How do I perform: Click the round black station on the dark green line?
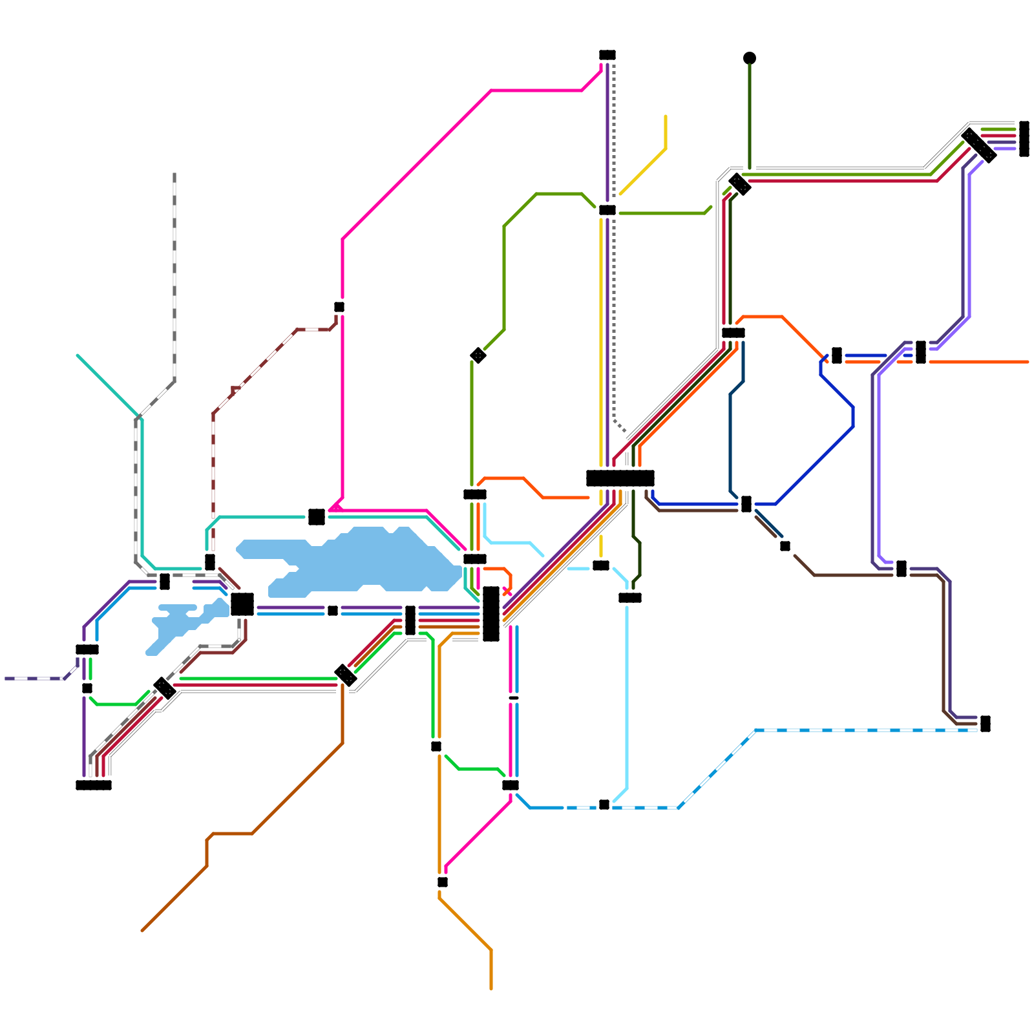[x=750, y=58]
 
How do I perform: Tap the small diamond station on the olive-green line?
[x=478, y=355]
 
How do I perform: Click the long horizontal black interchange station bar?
[x=620, y=478]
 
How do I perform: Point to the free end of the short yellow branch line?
[x=666, y=116]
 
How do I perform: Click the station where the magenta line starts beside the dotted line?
[x=607, y=55]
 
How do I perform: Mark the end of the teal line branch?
[x=78, y=355]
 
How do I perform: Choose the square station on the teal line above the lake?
[x=317, y=517]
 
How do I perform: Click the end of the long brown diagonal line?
[x=142, y=931]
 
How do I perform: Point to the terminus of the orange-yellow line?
[x=491, y=989]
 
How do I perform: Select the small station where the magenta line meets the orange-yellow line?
[x=443, y=882]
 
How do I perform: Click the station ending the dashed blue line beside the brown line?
[x=986, y=724]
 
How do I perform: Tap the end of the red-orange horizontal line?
[x=1028, y=362]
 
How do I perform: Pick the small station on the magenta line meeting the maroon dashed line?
[x=339, y=307]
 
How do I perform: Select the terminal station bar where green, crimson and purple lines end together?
[x=1024, y=138]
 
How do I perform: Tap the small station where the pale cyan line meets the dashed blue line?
[x=604, y=805]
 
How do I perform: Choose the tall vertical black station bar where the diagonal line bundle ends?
[x=491, y=614]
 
